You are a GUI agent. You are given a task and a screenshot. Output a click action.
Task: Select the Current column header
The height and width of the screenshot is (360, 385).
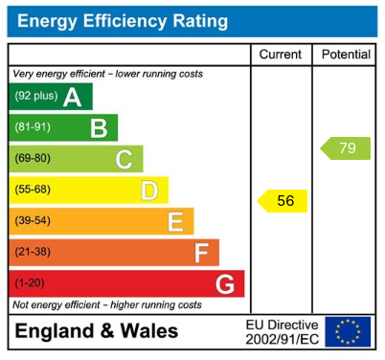[281, 55]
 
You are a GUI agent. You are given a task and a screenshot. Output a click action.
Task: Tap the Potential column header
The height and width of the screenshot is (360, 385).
[345, 55]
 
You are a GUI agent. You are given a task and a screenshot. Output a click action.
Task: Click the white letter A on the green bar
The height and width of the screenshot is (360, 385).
[72, 97]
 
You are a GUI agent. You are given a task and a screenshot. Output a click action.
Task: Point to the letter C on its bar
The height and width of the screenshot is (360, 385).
[124, 159]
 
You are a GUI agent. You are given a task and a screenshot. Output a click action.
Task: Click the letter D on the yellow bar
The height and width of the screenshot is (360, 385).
[149, 191]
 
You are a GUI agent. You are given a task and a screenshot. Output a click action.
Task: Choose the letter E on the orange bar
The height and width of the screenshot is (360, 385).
[175, 222]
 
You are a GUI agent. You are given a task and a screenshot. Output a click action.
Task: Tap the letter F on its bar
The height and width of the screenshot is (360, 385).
[201, 253]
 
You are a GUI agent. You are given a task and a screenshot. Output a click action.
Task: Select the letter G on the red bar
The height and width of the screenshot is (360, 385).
[225, 284]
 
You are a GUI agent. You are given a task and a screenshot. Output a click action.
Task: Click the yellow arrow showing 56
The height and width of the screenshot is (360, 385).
[283, 200]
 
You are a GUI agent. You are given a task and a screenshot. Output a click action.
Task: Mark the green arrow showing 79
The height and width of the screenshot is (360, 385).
[346, 148]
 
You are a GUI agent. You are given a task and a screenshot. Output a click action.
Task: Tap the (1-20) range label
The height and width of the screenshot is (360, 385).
[30, 284]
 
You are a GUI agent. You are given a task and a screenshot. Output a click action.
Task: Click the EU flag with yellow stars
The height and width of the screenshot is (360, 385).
[347, 331]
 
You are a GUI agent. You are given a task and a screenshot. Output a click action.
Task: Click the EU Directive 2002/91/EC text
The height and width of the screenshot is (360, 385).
[282, 331]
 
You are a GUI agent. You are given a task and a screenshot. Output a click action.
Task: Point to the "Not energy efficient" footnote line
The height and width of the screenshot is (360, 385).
[106, 304]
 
